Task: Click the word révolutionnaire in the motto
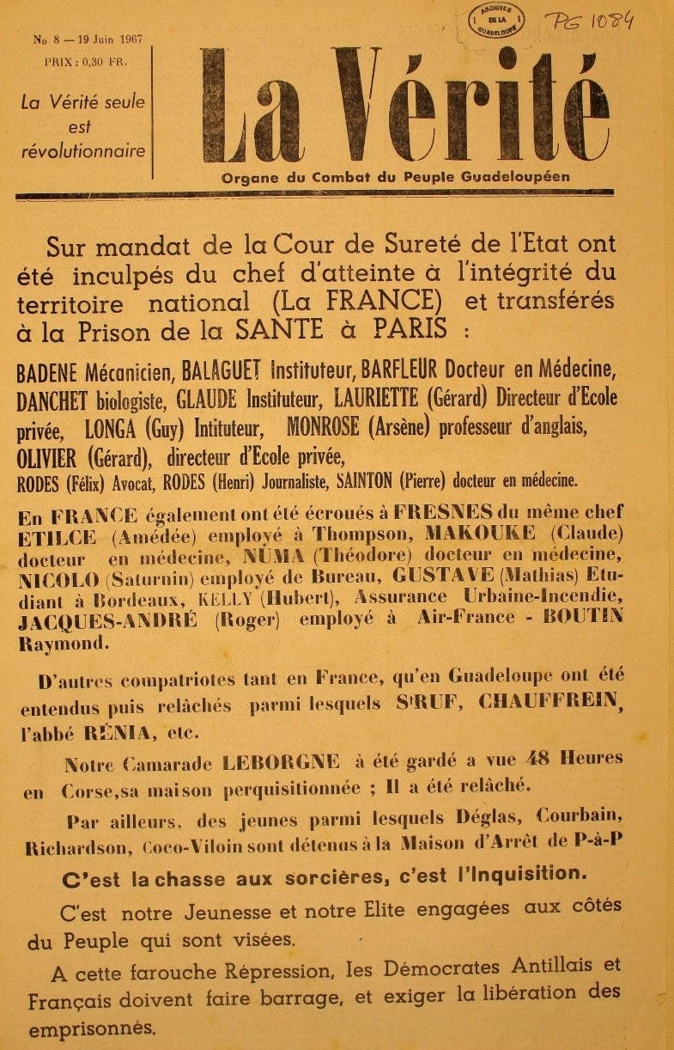click(83, 151)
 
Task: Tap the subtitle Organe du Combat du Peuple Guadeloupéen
click(395, 178)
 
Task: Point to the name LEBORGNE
click(281, 761)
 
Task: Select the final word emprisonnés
click(92, 1028)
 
